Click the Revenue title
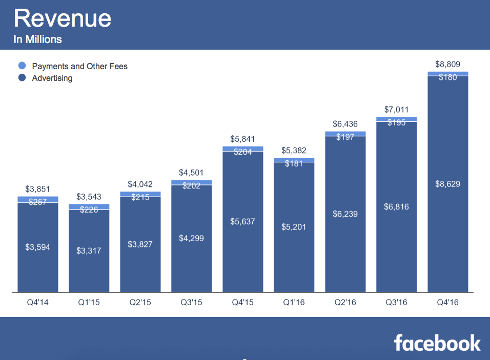[63, 18]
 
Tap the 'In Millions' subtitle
[37, 39]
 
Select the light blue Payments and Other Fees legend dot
[22, 66]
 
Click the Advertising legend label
[52, 78]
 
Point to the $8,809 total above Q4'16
[447, 65]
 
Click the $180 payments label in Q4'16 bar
[447, 77]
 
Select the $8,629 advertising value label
[447, 184]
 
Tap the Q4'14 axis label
[37, 303]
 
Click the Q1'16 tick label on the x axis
[294, 303]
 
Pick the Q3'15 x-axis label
[191, 303]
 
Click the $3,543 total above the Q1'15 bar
[89, 197]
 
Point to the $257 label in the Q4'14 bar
[37, 202]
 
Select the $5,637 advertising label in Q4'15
[242, 222]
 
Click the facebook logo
[437, 343]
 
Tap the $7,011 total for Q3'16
[396, 110]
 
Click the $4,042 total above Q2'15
[140, 184]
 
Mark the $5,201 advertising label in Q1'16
[294, 227]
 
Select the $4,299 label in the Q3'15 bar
[191, 238]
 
